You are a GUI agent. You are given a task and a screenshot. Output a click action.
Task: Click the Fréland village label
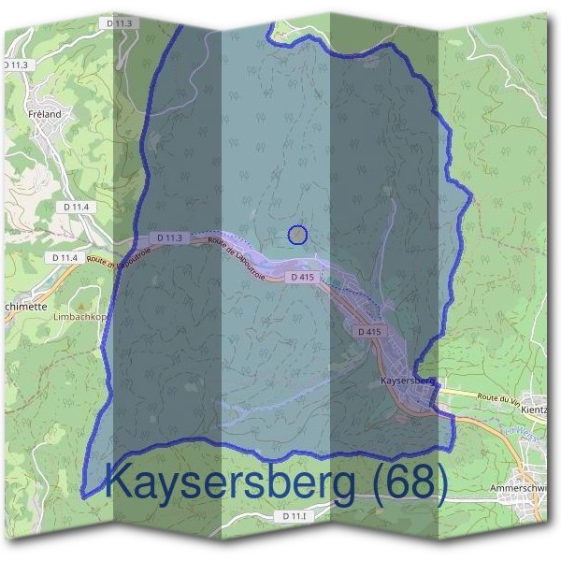coord(45,114)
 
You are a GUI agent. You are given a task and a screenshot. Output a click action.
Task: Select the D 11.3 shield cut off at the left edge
coord(15,65)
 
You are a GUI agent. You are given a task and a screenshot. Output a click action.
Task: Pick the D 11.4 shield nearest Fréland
coord(77,207)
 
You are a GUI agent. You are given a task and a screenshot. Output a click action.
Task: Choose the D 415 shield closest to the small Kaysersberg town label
coord(369,332)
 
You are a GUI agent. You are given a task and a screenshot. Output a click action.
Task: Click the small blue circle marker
coord(297,235)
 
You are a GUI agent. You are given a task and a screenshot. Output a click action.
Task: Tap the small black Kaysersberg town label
coord(409,381)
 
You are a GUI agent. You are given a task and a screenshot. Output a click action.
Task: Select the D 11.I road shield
coord(295,516)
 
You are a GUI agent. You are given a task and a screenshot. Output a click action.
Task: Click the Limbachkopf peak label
coord(74,318)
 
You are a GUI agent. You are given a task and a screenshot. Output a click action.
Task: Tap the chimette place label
coord(23,306)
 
